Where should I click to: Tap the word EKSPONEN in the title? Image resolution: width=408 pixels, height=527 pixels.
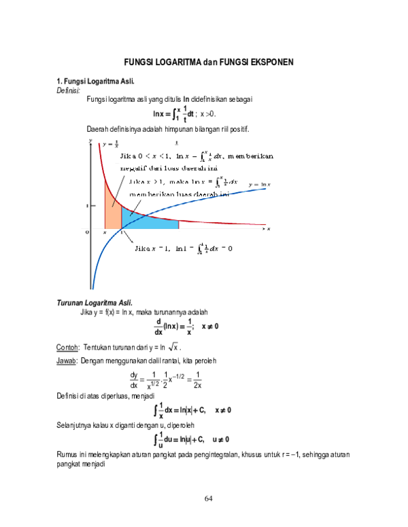pos(272,62)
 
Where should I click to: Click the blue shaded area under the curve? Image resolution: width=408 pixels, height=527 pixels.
pos(146,221)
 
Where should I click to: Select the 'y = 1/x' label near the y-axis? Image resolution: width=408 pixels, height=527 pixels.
pos(110,144)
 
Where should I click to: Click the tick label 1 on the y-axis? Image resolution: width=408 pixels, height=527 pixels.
pos(87,204)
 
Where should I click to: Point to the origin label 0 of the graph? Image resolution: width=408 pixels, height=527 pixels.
pos(87,232)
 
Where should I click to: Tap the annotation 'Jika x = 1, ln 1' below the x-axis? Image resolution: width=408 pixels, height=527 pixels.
pos(184,248)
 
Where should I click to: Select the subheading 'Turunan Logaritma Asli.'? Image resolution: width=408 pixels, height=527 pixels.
pos(95,302)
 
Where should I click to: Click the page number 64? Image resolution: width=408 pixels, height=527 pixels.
pos(209,499)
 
